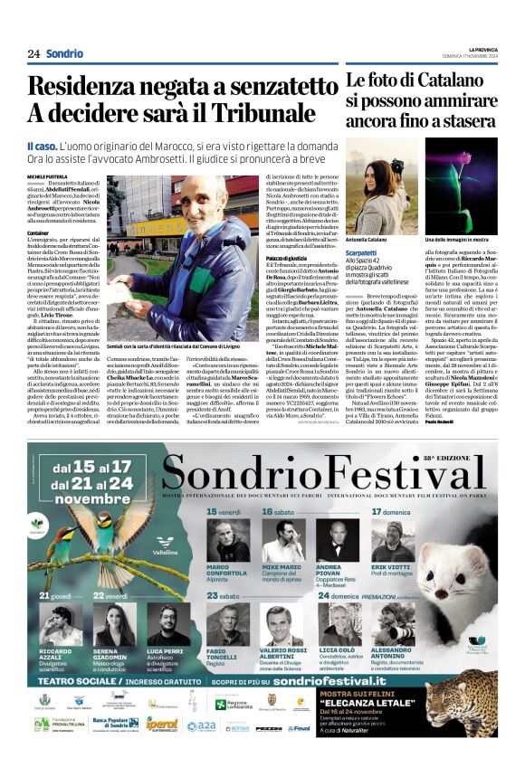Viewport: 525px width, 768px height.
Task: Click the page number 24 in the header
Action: click(x=33, y=53)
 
